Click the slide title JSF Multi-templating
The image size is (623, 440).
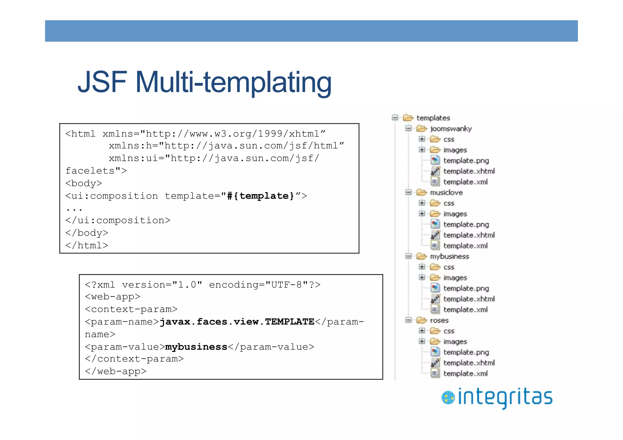(x=204, y=82)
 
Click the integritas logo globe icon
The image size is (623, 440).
(x=448, y=397)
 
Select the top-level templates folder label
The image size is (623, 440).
(x=433, y=118)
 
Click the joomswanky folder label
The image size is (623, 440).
(x=451, y=129)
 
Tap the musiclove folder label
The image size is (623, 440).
(x=446, y=192)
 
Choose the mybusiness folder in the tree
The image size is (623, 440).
(x=449, y=256)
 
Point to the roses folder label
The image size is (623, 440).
(x=439, y=320)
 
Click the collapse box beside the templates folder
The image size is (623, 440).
(x=395, y=118)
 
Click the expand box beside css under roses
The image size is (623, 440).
(x=422, y=331)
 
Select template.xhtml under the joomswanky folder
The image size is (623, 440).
(x=469, y=171)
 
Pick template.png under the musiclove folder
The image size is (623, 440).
(x=466, y=224)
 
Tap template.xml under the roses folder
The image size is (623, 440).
(x=465, y=373)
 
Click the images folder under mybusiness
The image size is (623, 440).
(x=455, y=278)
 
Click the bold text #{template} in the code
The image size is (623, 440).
(x=261, y=196)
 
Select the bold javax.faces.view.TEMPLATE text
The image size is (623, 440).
(x=237, y=322)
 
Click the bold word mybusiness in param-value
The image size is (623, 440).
(x=196, y=347)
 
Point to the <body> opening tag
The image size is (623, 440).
(x=84, y=183)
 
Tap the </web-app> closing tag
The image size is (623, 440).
(x=116, y=371)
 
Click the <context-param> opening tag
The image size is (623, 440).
(x=131, y=309)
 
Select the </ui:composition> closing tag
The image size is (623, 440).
(x=118, y=220)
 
